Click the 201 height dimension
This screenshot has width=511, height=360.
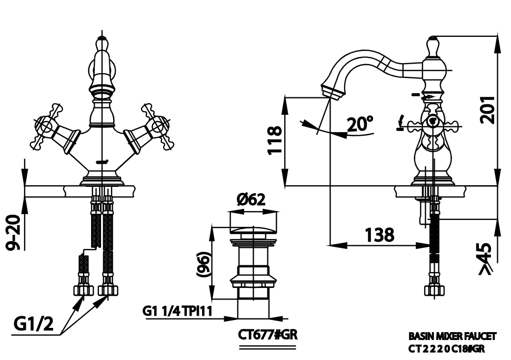[x=487, y=109]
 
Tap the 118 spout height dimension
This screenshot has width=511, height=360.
[x=274, y=140]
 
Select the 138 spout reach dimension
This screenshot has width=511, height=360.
[x=379, y=235]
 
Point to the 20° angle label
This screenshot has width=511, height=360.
[x=360, y=124]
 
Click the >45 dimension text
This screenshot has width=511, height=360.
[x=487, y=259]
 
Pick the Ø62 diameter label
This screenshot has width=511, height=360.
[x=251, y=199]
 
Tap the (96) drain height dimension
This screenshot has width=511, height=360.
[x=205, y=264]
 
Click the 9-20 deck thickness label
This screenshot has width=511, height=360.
[x=14, y=233]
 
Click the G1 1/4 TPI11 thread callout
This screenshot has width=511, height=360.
[x=177, y=311]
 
